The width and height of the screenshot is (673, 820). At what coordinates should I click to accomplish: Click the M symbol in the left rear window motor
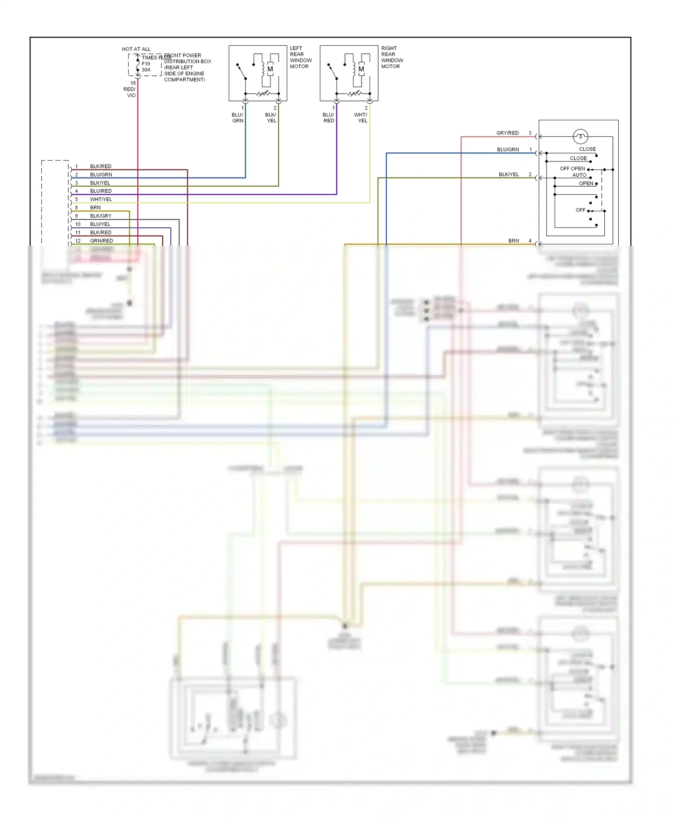tap(270, 69)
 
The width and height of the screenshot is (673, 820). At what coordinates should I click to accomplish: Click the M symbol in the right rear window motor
tap(361, 69)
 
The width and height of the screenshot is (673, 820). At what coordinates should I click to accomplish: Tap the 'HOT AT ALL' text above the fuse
tap(136, 49)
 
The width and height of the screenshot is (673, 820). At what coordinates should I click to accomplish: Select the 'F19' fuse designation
tap(146, 64)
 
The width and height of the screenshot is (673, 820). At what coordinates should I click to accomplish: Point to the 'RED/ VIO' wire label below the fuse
tap(130, 92)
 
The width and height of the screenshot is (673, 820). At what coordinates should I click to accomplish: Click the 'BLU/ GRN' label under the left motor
tap(237, 118)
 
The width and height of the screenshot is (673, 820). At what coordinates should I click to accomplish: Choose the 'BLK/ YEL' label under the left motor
tap(271, 118)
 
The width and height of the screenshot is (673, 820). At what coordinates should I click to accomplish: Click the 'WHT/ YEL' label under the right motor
tap(361, 118)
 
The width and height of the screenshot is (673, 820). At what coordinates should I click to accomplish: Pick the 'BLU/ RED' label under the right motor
tap(328, 118)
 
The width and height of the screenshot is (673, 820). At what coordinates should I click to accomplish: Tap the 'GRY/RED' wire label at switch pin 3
tap(507, 133)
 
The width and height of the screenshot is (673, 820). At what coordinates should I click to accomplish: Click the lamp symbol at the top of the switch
tap(580, 136)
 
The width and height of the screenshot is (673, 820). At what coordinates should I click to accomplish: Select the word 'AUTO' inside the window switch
tap(579, 175)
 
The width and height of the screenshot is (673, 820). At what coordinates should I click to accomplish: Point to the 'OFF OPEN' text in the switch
tap(572, 169)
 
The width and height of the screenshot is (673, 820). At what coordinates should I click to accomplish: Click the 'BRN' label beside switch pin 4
tap(513, 241)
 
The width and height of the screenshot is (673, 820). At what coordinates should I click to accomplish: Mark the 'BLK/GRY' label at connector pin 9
tap(101, 216)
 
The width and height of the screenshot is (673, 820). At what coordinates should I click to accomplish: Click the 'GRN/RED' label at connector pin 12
tap(101, 241)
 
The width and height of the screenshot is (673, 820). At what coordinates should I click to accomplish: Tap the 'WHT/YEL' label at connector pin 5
tap(101, 199)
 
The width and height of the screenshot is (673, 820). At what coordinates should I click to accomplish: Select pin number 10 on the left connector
tap(78, 224)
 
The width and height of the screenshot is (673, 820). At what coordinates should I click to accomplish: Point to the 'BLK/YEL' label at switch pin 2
tap(508, 174)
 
